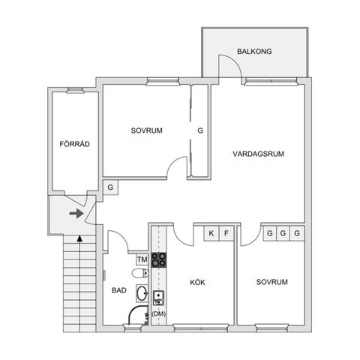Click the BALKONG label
tap(254, 52)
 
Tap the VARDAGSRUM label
tap(258, 154)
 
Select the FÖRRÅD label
tap(74, 144)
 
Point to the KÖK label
tap(197, 282)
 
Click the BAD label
tap(119, 290)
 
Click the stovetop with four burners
tap(159, 260)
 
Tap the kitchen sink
tap(159, 298)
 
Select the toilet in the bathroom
tap(140, 273)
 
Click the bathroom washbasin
tap(142, 293)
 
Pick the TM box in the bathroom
tap(142, 259)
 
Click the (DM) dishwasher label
tap(159, 314)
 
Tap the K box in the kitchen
tap(211, 233)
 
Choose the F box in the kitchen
tap(226, 233)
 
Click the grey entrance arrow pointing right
tap(76, 213)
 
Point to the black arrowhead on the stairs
tap(79, 238)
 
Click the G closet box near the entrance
tap(110, 187)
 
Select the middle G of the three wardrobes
tap(283, 233)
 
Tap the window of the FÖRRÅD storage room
tap(75, 90)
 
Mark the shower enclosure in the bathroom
tap(138, 315)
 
